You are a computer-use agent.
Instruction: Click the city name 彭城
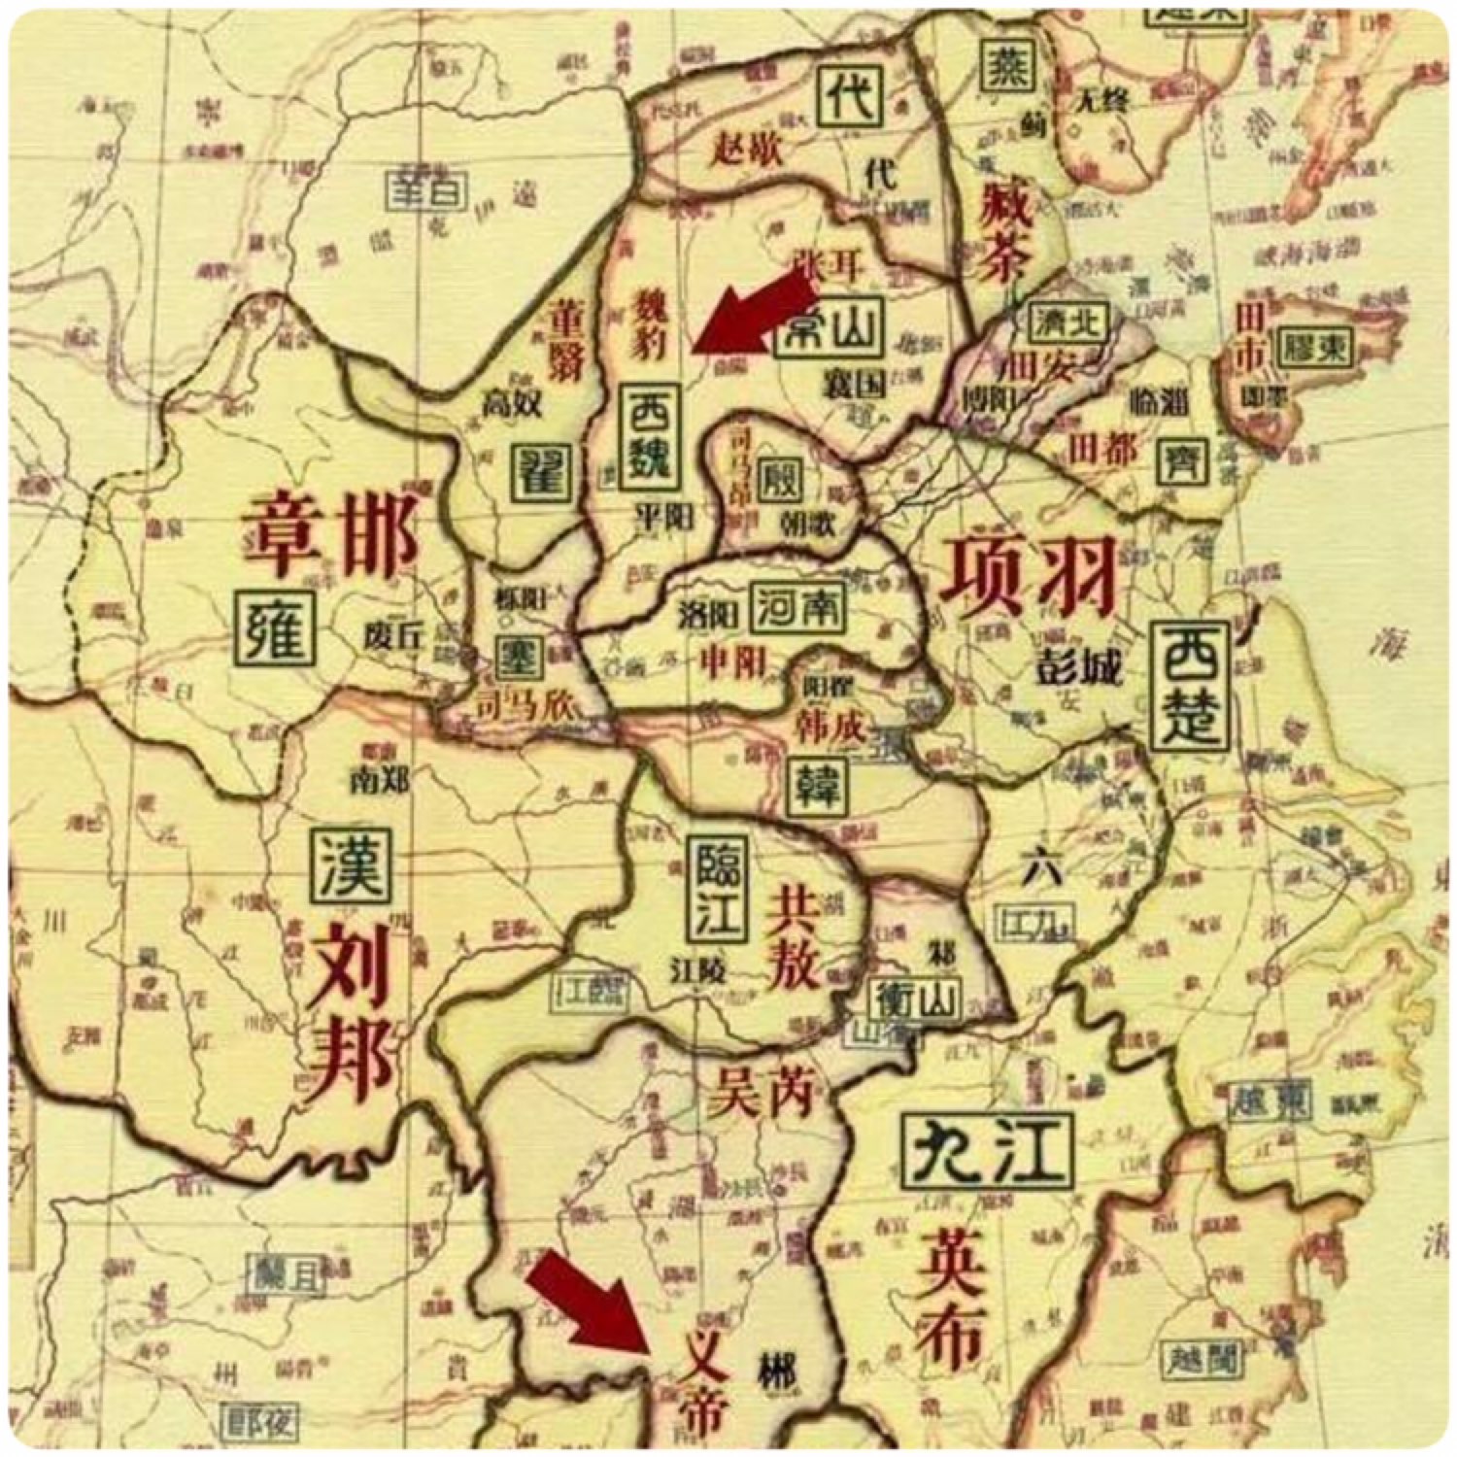pos(1078,669)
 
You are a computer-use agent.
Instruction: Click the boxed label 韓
pos(817,785)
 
